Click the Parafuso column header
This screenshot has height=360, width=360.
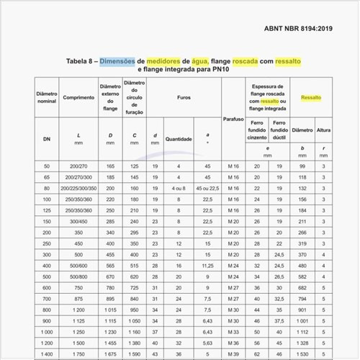click(232, 118)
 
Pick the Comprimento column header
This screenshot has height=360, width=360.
click(78, 96)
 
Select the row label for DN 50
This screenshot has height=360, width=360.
click(47, 166)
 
